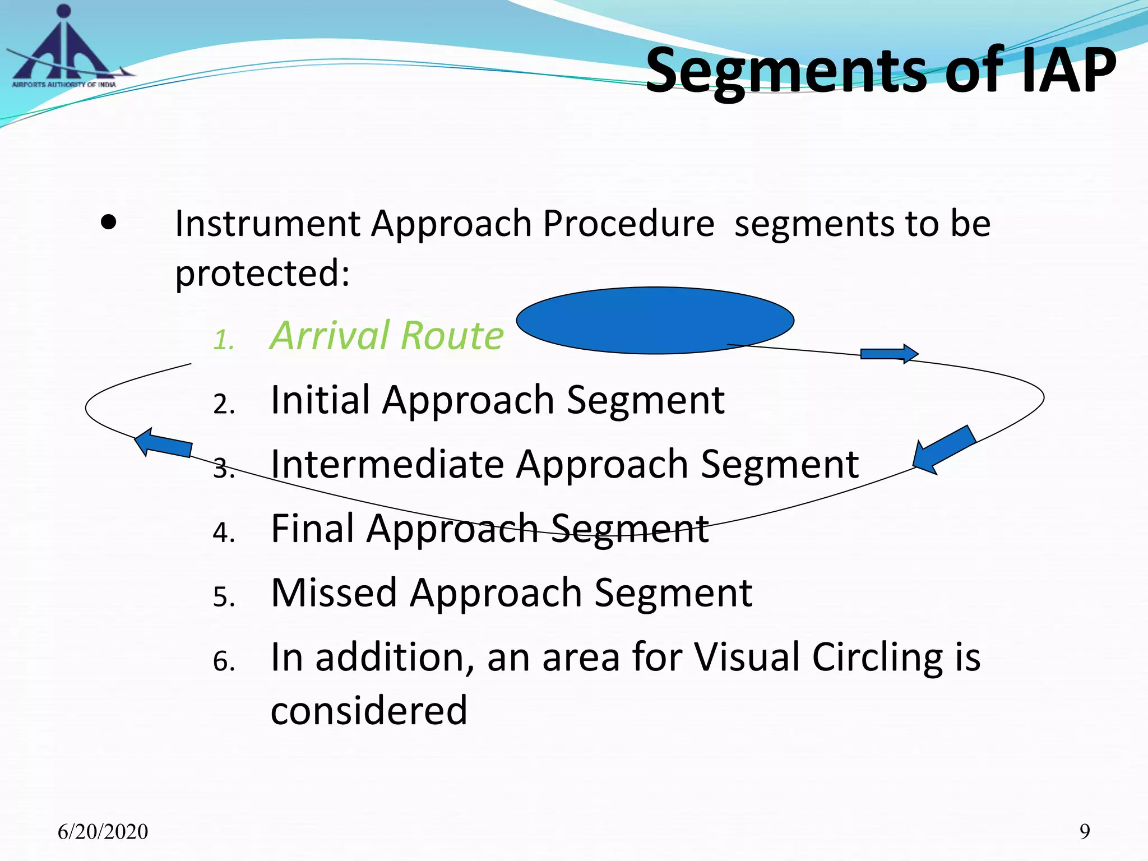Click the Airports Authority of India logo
pos(64,50)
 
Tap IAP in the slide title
pos(1068,72)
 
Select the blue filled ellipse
pos(655,320)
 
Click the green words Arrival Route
pos(387,336)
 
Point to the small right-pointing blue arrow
pos(889,354)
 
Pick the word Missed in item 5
pos(334,593)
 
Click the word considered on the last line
pos(368,711)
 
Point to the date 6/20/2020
pos(103,832)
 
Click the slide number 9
pos(1085,831)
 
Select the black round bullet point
pos(109,223)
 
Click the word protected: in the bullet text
pos(262,274)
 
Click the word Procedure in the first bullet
pos(628,224)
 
